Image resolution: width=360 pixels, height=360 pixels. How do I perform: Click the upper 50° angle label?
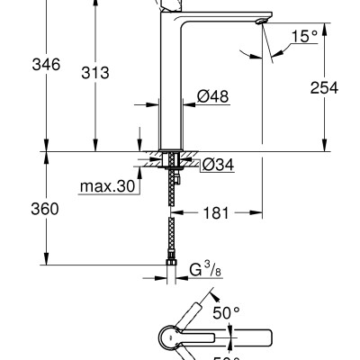coord(228,312)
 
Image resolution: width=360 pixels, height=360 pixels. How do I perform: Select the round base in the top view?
coord(173,338)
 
